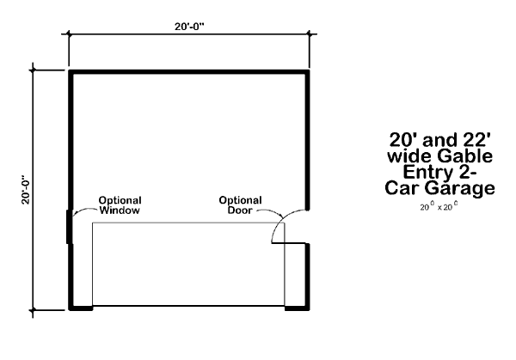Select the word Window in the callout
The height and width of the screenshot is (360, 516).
coord(120,211)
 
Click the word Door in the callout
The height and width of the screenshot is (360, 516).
coord(240,211)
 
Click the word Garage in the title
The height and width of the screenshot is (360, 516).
coord(466,189)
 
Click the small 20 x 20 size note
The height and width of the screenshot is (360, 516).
coord(438,207)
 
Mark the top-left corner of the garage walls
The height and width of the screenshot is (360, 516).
coord(71,72)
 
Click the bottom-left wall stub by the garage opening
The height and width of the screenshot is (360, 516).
coord(80,306)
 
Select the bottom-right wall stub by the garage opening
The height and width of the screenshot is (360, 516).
coord(297,306)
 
